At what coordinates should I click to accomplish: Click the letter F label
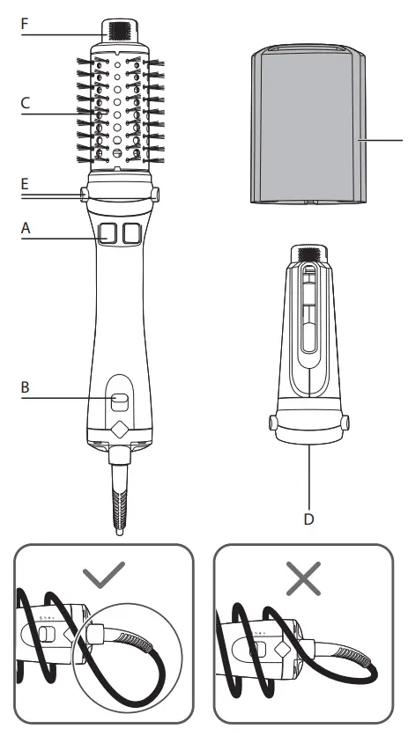pyautogui.click(x=26, y=24)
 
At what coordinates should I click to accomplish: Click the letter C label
pyautogui.click(x=26, y=103)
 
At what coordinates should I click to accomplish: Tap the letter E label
pyautogui.click(x=26, y=185)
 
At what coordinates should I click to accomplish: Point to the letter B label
pyautogui.click(x=26, y=385)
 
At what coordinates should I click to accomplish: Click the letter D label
pyautogui.click(x=308, y=519)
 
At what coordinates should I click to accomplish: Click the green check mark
pyautogui.click(x=103, y=577)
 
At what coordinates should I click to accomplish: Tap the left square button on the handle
pyautogui.click(x=109, y=232)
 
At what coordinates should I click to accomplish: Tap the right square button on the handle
pyautogui.click(x=132, y=232)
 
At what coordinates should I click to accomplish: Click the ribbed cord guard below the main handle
pyautogui.click(x=119, y=507)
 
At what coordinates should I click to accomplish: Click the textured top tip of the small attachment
pyautogui.click(x=308, y=255)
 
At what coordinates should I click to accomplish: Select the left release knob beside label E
pyautogui.click(x=84, y=192)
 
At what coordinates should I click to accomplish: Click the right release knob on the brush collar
pyautogui.click(x=155, y=192)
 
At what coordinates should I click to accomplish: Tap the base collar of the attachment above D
pyautogui.click(x=308, y=427)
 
